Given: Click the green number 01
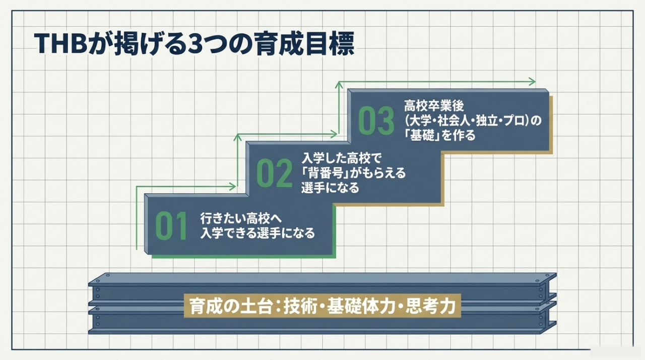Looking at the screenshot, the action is (x=171, y=226).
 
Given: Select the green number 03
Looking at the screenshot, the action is (x=376, y=121).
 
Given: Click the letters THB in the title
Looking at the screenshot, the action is (x=60, y=44).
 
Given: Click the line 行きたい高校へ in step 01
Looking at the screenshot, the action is (x=241, y=219).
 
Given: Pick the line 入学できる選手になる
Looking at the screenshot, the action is (x=257, y=233).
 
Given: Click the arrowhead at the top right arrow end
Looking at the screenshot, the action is (x=532, y=82).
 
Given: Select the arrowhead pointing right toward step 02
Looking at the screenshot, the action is (x=232, y=187).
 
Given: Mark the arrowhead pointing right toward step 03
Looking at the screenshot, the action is (x=334, y=134).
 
